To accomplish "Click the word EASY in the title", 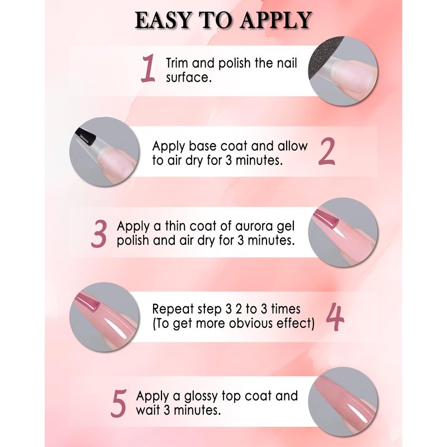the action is [163, 20].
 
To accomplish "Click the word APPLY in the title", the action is [275, 20].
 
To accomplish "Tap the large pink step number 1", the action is [148, 68].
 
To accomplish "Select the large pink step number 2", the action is [327, 151].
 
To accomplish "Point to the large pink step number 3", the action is [99, 234].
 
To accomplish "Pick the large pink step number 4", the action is [335, 317].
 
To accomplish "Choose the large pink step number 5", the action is [118, 403].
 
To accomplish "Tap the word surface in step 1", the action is [189, 78].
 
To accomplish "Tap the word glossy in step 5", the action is [201, 397].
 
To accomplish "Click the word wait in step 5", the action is [148, 410].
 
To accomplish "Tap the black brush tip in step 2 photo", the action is [85, 136].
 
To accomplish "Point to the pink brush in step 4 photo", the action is [87, 302].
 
